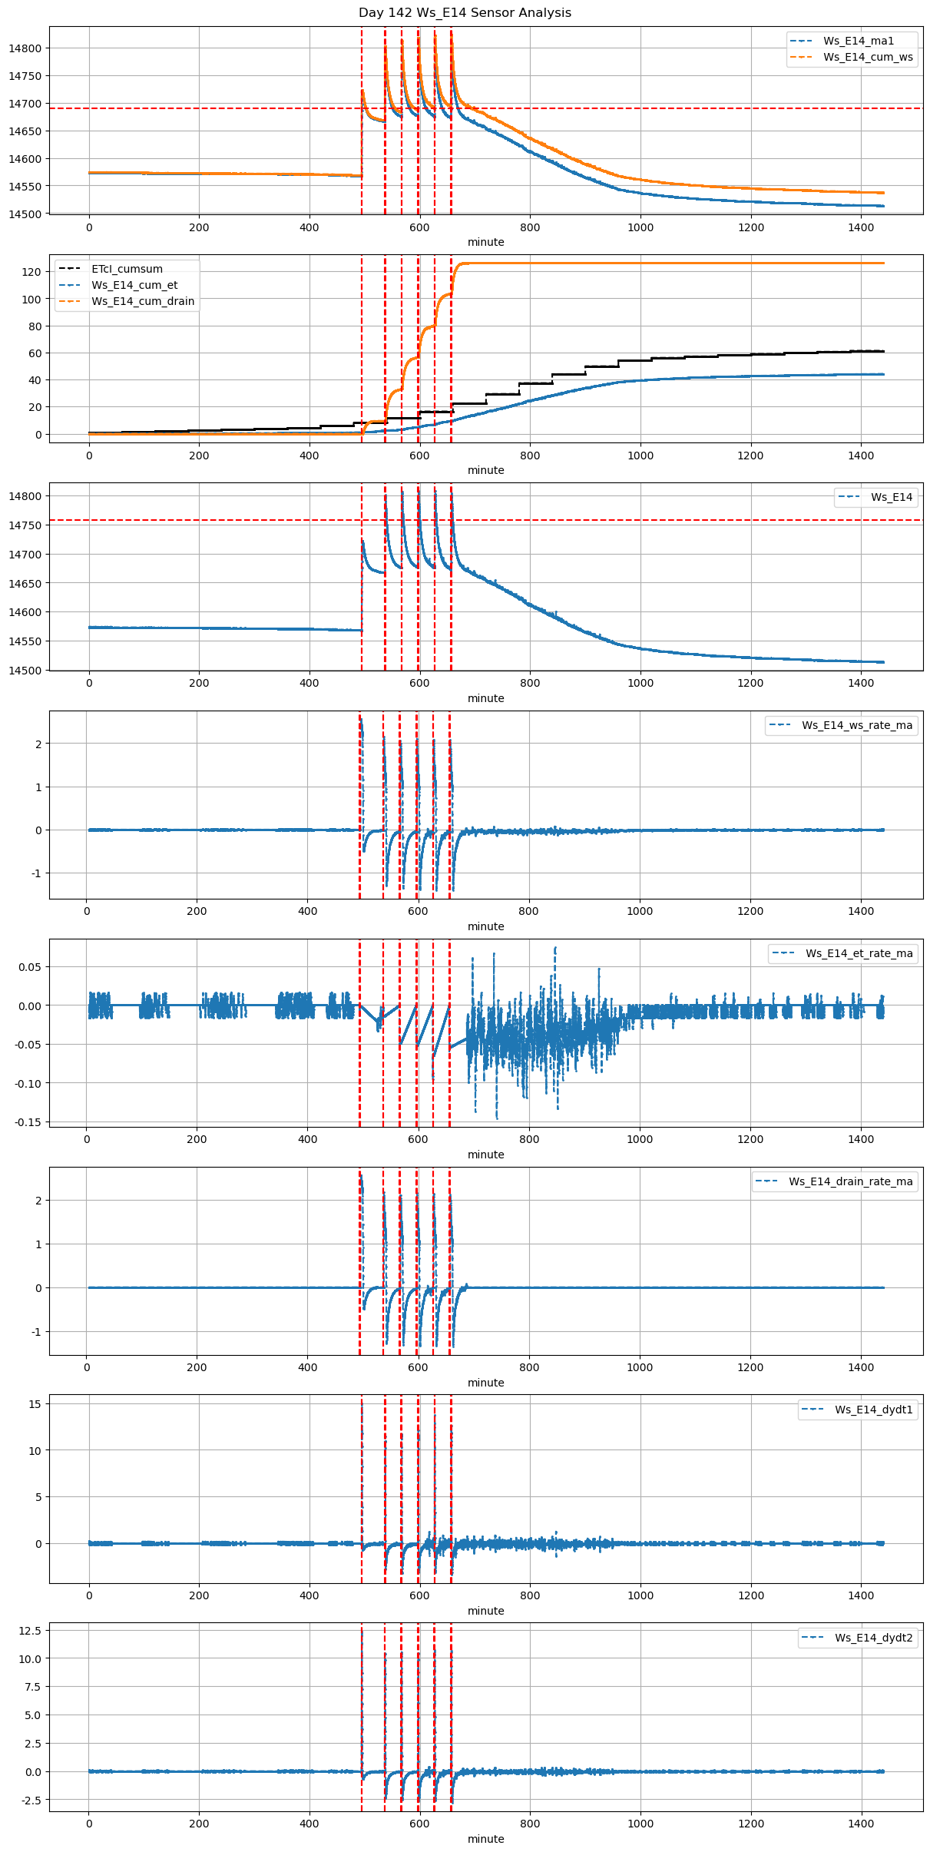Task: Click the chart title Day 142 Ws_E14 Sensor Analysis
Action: point(465,12)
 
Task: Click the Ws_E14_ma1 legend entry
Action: point(858,41)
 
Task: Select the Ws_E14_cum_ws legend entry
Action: point(868,57)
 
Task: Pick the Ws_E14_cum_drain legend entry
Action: point(143,301)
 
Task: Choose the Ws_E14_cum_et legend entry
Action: point(134,285)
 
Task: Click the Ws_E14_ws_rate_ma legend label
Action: point(857,725)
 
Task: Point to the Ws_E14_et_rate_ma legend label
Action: point(859,953)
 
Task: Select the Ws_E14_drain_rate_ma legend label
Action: point(850,1181)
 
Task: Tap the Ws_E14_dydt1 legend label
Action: point(874,1410)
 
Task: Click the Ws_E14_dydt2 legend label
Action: point(874,1638)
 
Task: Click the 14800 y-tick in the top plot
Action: point(25,48)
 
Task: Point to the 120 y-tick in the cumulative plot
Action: point(31,272)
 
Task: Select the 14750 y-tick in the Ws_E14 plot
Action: point(25,525)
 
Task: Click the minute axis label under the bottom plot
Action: point(486,1838)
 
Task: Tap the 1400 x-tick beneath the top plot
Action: point(861,227)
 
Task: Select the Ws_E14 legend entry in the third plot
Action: point(892,497)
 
